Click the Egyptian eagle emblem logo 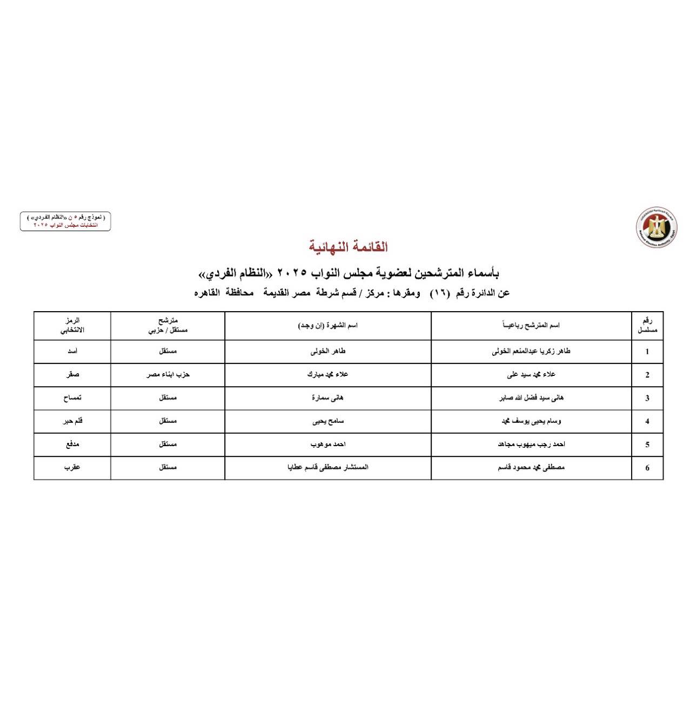click(x=657, y=227)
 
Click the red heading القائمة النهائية click(x=348, y=247)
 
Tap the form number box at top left click(x=65, y=221)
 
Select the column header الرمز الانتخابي click(x=72, y=326)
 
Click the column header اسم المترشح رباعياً click(x=531, y=325)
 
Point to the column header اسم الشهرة click(x=328, y=325)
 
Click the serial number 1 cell click(x=647, y=352)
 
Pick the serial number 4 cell click(x=647, y=421)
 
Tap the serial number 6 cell click(x=647, y=468)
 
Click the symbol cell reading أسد click(x=72, y=352)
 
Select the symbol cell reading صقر click(x=72, y=375)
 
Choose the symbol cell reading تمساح click(x=72, y=398)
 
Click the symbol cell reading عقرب click(x=72, y=468)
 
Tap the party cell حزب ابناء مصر click(x=168, y=375)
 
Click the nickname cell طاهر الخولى click(x=328, y=352)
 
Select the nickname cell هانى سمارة click(x=328, y=398)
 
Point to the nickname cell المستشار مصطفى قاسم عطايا click(x=328, y=468)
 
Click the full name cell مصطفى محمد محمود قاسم click(x=531, y=468)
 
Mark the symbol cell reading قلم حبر click(x=72, y=421)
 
